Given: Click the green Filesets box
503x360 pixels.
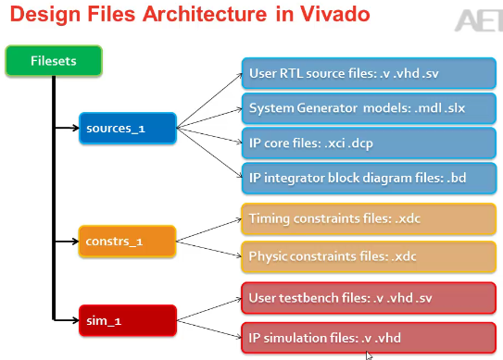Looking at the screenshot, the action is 54,61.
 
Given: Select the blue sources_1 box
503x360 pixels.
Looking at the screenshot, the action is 128,129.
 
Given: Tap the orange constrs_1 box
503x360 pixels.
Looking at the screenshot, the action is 127,242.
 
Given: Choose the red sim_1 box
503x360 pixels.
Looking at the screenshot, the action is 128,320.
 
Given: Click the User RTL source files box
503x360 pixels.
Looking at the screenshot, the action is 369,73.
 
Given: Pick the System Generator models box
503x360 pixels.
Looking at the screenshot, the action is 369,108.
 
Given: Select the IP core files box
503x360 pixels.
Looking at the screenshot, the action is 369,143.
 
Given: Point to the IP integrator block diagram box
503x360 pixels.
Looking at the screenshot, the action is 369,179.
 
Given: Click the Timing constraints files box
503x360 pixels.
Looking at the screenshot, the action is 369,219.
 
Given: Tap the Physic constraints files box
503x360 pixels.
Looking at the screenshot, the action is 369,256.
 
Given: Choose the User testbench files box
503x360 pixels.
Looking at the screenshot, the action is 369,298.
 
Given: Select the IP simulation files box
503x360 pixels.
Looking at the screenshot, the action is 369,338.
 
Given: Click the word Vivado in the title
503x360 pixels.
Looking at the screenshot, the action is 335,14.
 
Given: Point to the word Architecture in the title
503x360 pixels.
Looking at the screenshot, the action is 205,14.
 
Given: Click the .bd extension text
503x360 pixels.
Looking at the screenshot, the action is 456,178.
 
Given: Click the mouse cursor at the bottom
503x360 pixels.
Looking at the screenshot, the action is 369,355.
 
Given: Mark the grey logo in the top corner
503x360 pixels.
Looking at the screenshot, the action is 479,20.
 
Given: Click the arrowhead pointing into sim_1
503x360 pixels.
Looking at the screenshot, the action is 76,320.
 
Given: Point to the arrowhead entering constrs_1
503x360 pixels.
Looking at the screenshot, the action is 75,242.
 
